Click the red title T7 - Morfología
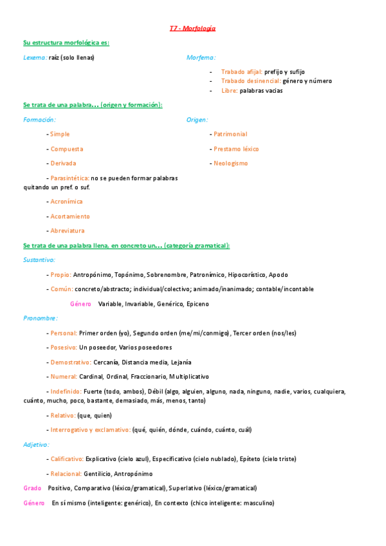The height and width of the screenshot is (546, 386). pyautogui.click(x=193, y=28)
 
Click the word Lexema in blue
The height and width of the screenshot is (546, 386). pyautogui.click(x=35, y=57)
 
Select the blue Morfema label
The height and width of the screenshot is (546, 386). pyautogui.click(x=201, y=57)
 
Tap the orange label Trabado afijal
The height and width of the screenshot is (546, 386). pyautogui.click(x=241, y=71)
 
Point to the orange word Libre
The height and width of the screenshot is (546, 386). pyautogui.click(x=229, y=91)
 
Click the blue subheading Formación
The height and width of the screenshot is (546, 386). pyautogui.click(x=39, y=120)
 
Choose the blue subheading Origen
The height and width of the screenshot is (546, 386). pyautogui.click(x=197, y=120)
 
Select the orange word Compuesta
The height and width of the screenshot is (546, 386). pyautogui.click(x=66, y=149)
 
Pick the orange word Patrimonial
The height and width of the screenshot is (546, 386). pyautogui.click(x=230, y=134)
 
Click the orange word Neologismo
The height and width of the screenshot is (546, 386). pyautogui.click(x=230, y=164)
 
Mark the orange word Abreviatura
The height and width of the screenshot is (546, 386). pyautogui.click(x=67, y=231)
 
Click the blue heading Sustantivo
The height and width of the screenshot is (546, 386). pyautogui.click(x=39, y=260)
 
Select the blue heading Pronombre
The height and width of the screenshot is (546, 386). pyautogui.click(x=40, y=318)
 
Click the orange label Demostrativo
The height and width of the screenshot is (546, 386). pyautogui.click(x=71, y=362)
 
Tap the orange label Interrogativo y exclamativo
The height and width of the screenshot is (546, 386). pyautogui.click(x=90, y=429)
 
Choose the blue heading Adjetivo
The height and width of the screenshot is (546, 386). pyautogui.click(x=35, y=444)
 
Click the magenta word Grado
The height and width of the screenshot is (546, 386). pyautogui.click(x=32, y=488)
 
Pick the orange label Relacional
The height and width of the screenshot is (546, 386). pyautogui.click(x=68, y=474)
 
